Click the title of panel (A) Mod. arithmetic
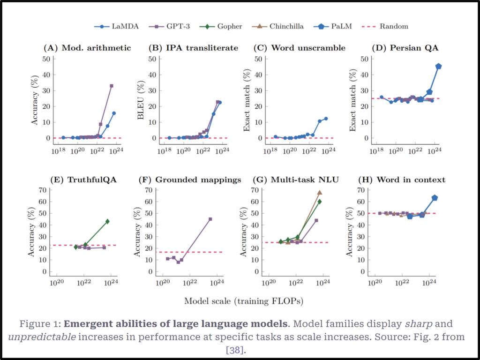87,48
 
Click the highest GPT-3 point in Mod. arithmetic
112,86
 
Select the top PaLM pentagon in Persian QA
438,67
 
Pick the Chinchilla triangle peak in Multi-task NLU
319,193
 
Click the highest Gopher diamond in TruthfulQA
107,221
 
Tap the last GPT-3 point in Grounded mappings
210,219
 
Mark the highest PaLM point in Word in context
435,198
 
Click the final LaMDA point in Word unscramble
326,119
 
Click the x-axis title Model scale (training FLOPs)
243,301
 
